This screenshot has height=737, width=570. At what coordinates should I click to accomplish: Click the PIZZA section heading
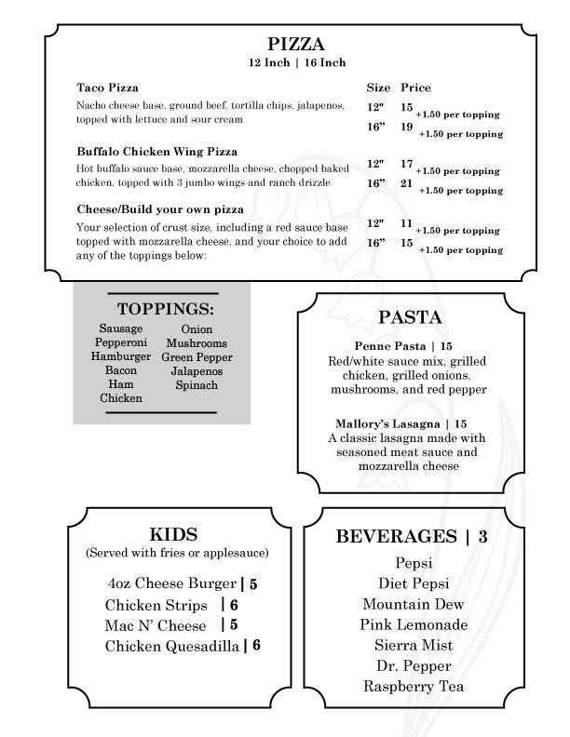pos(296,44)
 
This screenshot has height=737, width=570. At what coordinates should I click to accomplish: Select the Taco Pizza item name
pos(107,87)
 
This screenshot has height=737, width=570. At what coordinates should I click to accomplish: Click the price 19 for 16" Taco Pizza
pos(407,127)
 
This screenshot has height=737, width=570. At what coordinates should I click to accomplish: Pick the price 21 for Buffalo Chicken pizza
pos(407,183)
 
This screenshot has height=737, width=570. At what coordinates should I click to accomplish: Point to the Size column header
pos(378,87)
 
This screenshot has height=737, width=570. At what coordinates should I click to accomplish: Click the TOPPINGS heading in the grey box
pos(166,309)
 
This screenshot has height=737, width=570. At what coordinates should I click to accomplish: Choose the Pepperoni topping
pos(120,342)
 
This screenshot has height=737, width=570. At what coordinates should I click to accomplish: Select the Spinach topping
pos(196,384)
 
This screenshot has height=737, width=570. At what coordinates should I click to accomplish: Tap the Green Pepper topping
pos(196,356)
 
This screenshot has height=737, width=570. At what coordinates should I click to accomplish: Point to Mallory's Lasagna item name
pos(378,422)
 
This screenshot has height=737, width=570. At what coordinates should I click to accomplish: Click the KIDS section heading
pos(174,534)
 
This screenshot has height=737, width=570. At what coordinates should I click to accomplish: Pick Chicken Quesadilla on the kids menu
pos(172,646)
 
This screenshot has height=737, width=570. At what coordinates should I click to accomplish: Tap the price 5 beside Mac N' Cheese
pos(234,625)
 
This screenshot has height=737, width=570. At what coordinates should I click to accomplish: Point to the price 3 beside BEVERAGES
pos(482,536)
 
